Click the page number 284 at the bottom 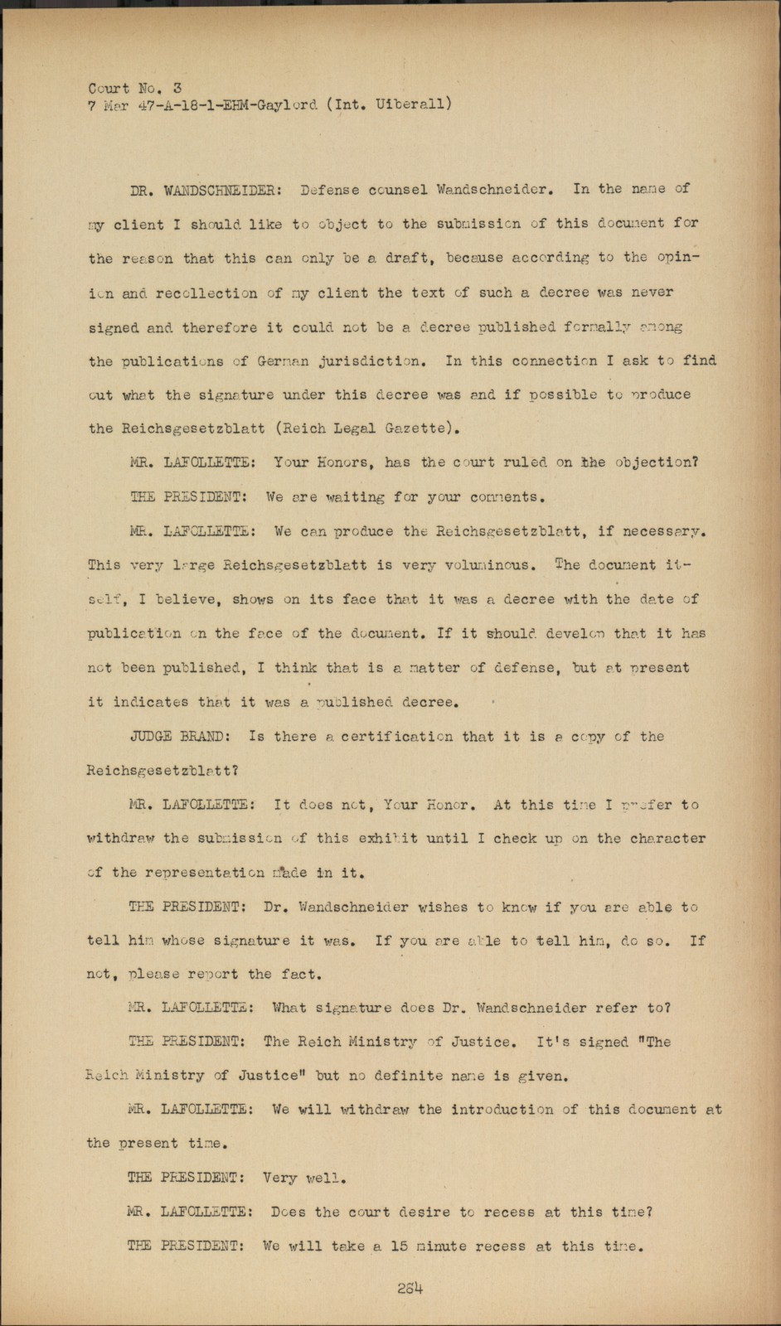tap(410, 1289)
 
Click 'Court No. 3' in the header tap(135, 88)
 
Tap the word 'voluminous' tap(487, 565)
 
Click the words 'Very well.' tap(304, 1178)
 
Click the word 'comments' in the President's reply tap(507, 497)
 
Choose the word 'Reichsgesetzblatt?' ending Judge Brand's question tap(163, 770)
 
